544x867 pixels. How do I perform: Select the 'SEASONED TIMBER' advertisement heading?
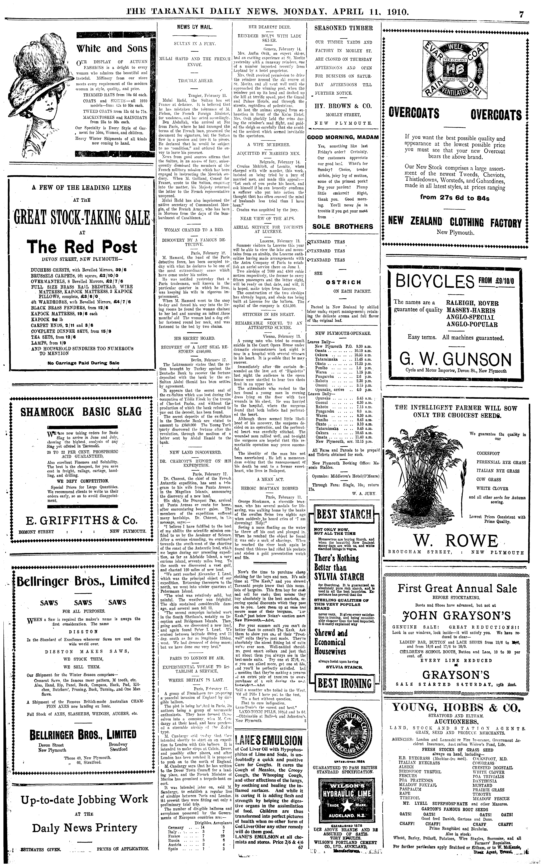343,28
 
